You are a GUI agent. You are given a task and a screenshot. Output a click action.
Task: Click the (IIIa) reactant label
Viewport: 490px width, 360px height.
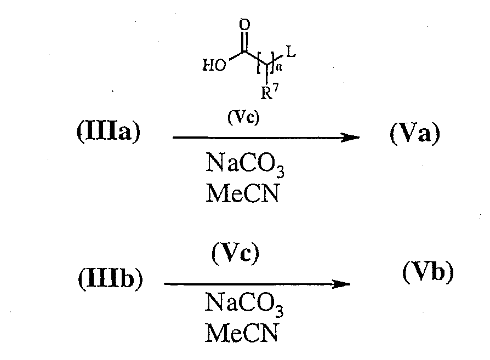[109, 133]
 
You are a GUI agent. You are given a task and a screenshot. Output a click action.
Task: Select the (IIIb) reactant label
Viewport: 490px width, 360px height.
[110, 278]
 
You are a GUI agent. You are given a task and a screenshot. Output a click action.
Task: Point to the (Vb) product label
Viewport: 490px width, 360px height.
[428, 272]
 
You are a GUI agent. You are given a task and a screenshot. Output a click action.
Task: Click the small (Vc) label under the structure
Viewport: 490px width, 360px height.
[243, 118]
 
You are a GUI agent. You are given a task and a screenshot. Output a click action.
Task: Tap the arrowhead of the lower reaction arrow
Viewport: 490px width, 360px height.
[341, 284]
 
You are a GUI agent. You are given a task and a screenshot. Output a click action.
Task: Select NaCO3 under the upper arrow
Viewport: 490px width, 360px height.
[244, 164]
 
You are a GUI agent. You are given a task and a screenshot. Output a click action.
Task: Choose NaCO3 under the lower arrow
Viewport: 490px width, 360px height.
[244, 304]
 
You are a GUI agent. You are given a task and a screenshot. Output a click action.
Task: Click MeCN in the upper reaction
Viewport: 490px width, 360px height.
[242, 193]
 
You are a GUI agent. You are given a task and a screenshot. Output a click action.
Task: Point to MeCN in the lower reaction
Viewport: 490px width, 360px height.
[241, 333]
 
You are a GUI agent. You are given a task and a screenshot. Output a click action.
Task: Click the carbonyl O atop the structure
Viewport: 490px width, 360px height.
[244, 25]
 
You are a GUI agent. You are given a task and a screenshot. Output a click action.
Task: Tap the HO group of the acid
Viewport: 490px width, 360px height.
[214, 65]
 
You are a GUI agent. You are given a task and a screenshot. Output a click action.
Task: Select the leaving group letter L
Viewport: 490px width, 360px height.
[291, 52]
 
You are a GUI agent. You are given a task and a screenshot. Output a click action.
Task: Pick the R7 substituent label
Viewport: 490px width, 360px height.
[269, 92]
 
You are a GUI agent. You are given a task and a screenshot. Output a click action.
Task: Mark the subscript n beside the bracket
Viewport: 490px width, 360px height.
[279, 67]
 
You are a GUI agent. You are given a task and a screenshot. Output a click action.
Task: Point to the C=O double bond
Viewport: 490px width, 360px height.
[244, 42]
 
